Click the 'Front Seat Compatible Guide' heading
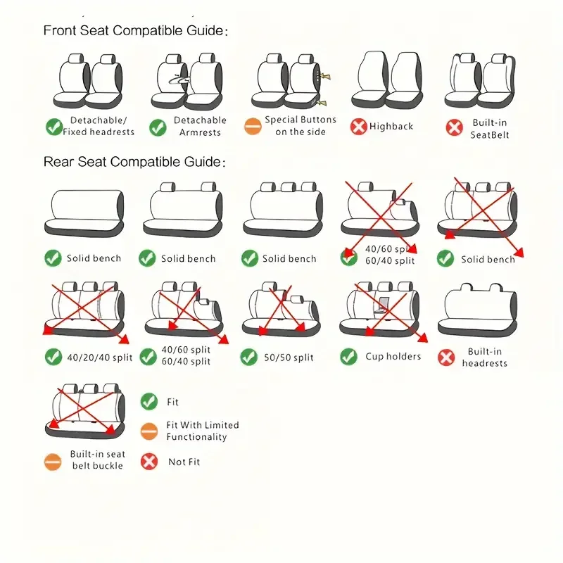click(x=135, y=30)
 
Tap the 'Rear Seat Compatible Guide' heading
click(x=134, y=162)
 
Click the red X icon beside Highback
click(x=358, y=127)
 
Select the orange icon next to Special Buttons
click(x=253, y=127)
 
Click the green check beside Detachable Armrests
click(x=158, y=127)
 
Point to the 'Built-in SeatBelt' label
click(x=490, y=129)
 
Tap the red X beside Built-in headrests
click(x=446, y=358)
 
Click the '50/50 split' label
click(x=289, y=358)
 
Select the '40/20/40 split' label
click(x=100, y=358)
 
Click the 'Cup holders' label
click(x=393, y=356)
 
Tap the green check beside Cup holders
click(x=348, y=357)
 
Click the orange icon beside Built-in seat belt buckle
click(x=53, y=462)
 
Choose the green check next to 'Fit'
click(x=149, y=401)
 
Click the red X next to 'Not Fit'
click(x=149, y=462)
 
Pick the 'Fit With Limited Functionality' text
click(x=203, y=431)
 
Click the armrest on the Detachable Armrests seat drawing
click(x=179, y=79)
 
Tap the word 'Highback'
click(x=391, y=127)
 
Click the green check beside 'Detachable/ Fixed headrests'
click(x=54, y=127)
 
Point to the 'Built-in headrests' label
click(x=485, y=358)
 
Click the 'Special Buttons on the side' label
click(x=301, y=126)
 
